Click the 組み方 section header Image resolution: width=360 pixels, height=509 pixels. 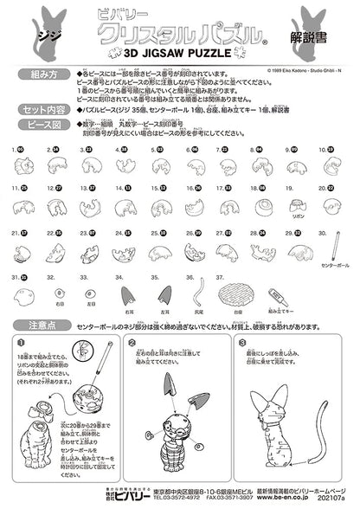pyautogui.click(x=41, y=76)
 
